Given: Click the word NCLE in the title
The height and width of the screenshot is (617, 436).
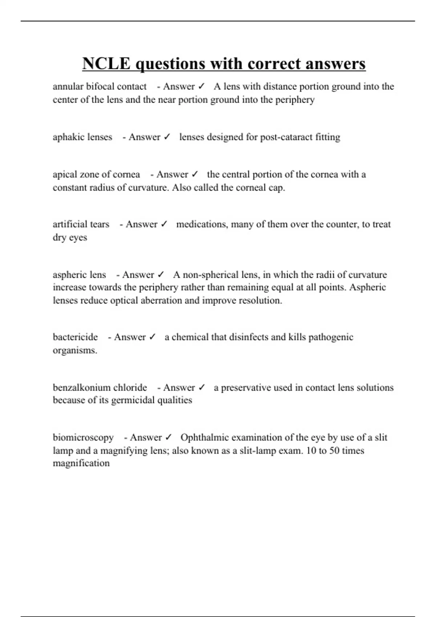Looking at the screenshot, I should [106, 64].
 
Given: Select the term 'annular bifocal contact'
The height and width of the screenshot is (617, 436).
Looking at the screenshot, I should [100, 87].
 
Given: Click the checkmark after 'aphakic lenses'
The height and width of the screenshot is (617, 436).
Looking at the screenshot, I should [167, 137].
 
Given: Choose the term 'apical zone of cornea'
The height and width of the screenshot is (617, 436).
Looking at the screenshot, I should [96, 175].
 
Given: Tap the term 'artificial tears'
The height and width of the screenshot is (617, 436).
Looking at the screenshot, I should [81, 224].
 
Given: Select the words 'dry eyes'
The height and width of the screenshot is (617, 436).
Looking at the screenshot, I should [70, 238].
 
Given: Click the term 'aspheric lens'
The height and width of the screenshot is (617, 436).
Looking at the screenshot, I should [79, 275].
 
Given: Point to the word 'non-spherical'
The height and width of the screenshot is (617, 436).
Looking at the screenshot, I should [210, 275].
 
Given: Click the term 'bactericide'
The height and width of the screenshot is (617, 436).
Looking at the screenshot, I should [75, 337].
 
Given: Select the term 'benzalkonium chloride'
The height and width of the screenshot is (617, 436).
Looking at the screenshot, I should [100, 388].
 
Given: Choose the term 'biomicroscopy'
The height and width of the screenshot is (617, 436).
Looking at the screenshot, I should [83, 438].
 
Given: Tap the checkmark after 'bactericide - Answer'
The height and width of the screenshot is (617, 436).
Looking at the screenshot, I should [152, 337].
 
